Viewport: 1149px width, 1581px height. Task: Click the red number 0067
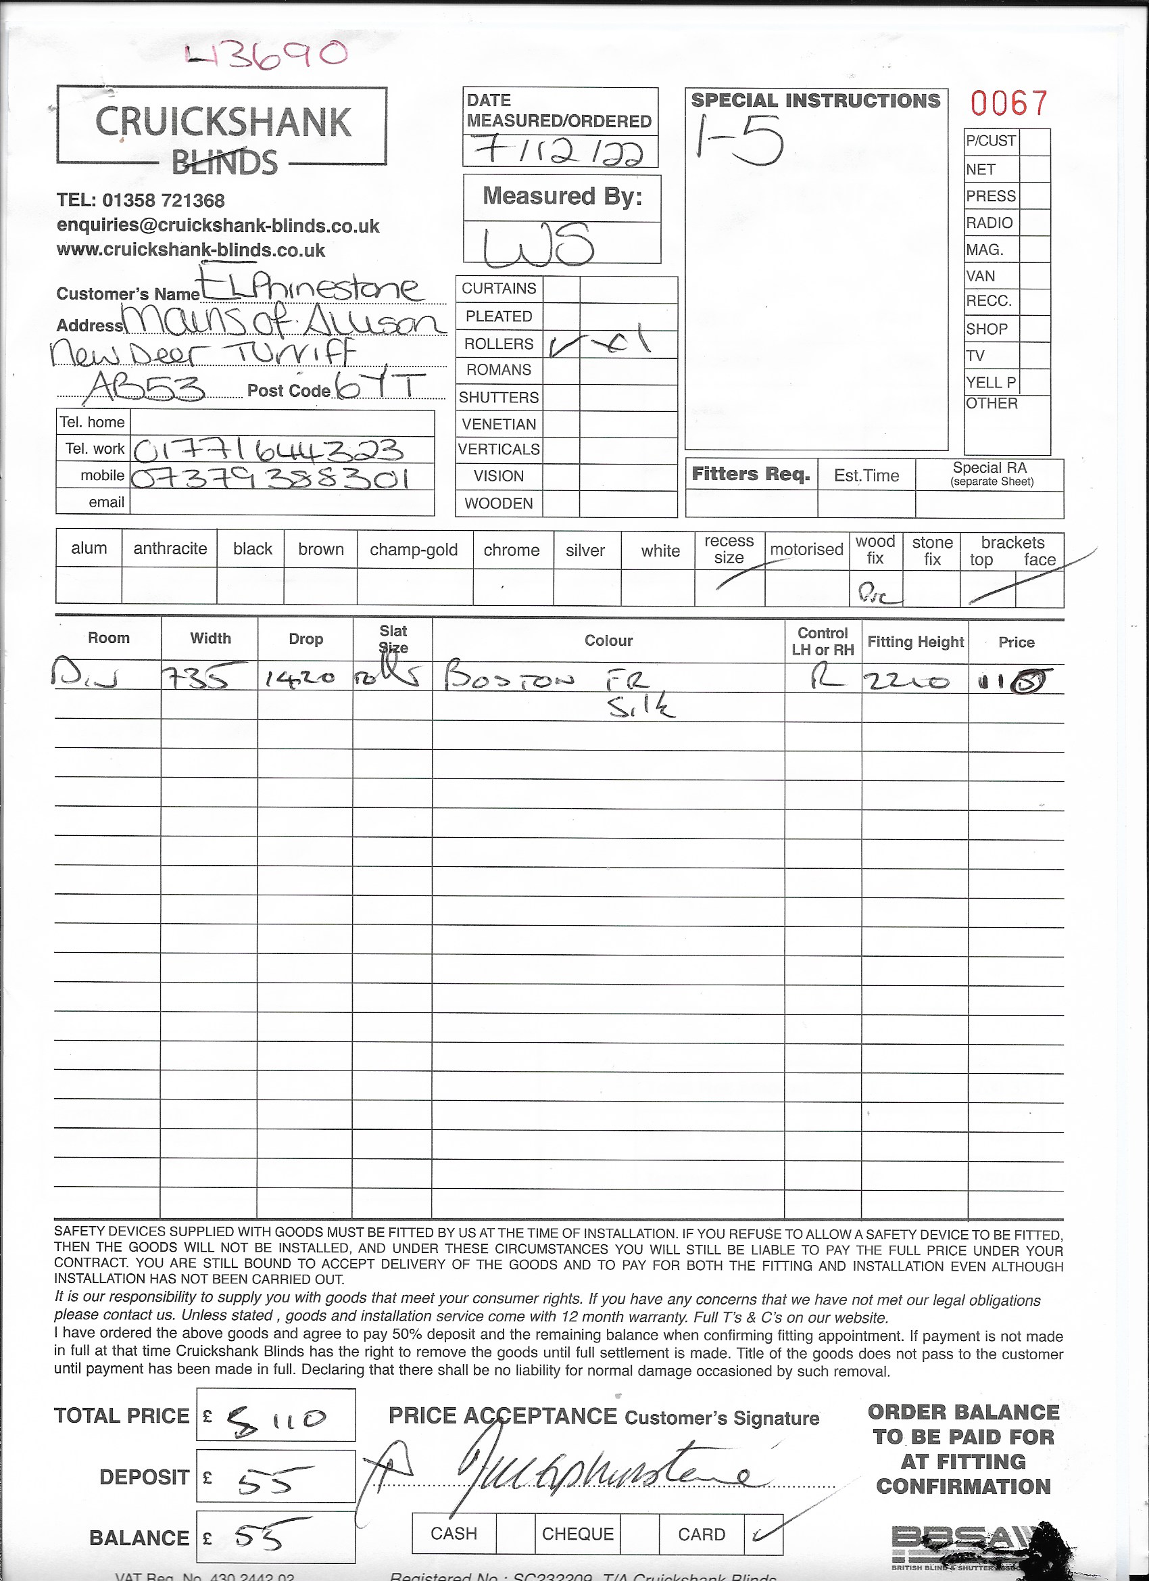point(1009,103)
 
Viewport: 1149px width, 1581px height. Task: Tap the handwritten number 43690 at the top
point(267,54)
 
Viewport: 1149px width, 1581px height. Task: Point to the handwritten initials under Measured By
point(539,245)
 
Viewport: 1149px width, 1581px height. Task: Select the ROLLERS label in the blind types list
point(498,344)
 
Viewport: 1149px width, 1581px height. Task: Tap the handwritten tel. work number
point(268,450)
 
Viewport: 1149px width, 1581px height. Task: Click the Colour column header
point(608,640)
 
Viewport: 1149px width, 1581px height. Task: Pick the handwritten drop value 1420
point(301,678)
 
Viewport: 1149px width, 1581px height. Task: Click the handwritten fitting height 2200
point(906,680)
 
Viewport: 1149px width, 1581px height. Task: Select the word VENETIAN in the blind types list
point(499,424)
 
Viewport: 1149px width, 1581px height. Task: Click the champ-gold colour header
point(414,550)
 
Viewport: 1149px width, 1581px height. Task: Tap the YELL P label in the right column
point(991,382)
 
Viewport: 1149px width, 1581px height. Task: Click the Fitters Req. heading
point(750,475)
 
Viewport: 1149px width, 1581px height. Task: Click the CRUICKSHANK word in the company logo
point(223,122)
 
